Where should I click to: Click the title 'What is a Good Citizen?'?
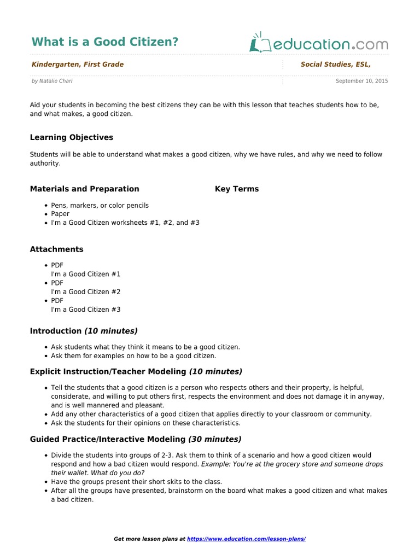click(105, 42)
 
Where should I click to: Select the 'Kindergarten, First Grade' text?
click(78, 65)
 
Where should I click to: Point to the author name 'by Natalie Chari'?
click(52, 81)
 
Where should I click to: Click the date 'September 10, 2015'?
click(361, 81)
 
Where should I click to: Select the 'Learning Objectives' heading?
click(72, 137)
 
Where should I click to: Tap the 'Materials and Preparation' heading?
click(85, 189)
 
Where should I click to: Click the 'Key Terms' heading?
click(237, 189)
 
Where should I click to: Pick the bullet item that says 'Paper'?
click(60, 214)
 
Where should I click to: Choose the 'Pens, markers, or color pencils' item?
click(100, 205)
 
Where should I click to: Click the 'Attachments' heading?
click(57, 249)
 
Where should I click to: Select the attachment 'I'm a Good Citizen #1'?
click(86, 274)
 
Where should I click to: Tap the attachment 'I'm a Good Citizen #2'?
click(86, 291)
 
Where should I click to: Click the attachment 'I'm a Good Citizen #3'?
click(86, 309)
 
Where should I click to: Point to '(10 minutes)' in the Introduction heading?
click(110, 331)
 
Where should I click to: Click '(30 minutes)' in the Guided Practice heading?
click(214, 439)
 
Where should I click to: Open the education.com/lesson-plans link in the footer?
click(246, 539)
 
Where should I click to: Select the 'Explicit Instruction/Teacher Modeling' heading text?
click(108, 371)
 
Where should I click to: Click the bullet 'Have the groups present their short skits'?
click(129, 481)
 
